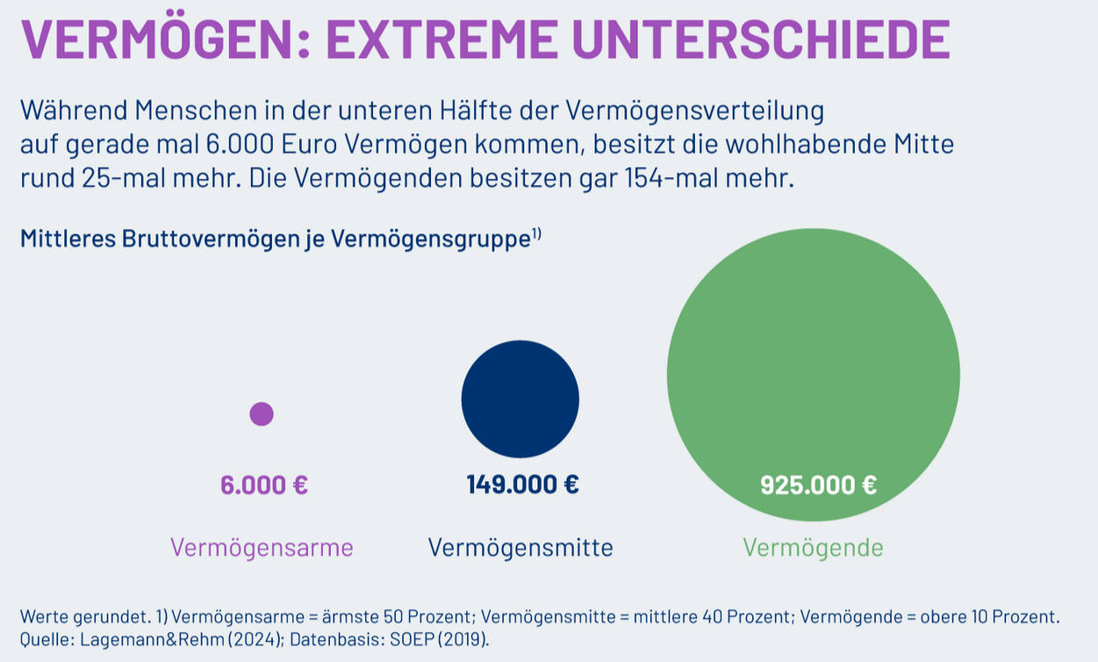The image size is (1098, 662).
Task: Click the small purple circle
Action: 262,414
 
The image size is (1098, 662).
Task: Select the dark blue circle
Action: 520,399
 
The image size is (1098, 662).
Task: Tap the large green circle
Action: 813,374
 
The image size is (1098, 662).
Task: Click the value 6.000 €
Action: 264,485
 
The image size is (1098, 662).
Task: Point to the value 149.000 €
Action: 522,484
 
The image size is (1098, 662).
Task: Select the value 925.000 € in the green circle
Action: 818,485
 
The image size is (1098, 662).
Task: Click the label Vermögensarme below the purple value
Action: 262,548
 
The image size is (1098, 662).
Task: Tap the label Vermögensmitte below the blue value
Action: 520,548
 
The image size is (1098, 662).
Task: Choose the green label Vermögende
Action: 813,548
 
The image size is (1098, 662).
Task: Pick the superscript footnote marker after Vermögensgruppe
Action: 535,234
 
